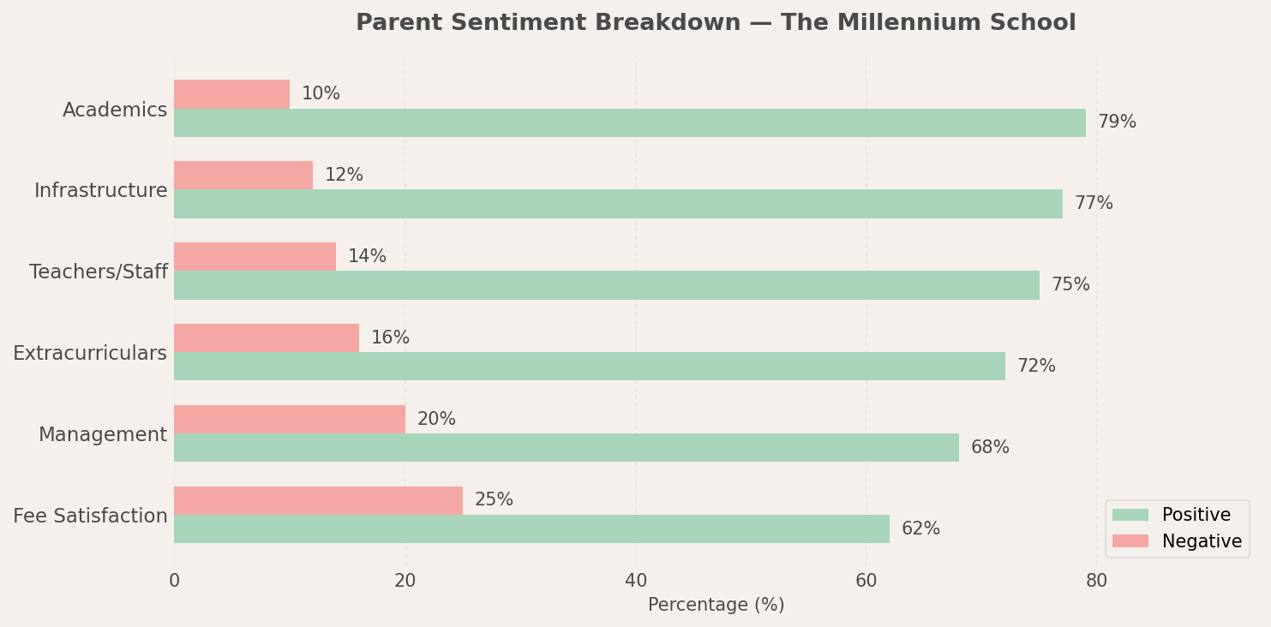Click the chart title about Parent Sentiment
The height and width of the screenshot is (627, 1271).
[x=715, y=23]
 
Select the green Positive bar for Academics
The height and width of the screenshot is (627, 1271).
[x=629, y=122]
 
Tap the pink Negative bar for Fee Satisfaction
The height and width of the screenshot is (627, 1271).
[x=318, y=500]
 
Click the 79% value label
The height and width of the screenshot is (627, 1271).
[x=1117, y=122]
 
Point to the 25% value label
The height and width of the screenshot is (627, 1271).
[x=494, y=500]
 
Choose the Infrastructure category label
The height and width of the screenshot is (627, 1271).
[x=100, y=191]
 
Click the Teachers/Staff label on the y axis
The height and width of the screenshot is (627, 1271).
[x=98, y=272]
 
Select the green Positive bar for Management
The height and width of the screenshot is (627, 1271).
[x=566, y=447]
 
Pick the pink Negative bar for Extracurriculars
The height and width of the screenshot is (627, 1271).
[x=267, y=337]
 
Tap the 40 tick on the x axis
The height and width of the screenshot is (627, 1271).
[x=635, y=581]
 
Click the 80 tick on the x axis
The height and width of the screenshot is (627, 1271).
[x=1096, y=581]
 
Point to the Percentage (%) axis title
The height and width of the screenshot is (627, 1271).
[x=716, y=605]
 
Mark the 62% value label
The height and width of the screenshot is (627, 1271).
[x=920, y=529]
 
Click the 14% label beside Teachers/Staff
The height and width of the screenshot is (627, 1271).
[x=367, y=256]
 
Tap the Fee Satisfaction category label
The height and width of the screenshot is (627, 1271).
[x=90, y=517]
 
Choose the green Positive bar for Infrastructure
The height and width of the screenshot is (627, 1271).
[x=618, y=204]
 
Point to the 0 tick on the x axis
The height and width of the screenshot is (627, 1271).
[x=174, y=581]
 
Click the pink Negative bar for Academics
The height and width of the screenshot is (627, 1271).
[x=231, y=94]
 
